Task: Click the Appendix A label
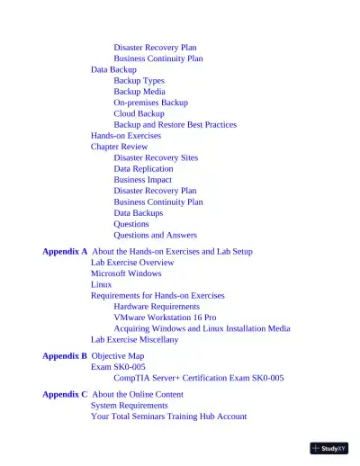pos(65,252)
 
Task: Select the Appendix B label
pos(65,356)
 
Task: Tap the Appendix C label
pos(65,395)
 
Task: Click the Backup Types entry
pos(139,81)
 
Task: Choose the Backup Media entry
pos(139,92)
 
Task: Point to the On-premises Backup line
pos(150,103)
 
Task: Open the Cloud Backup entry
pos(139,114)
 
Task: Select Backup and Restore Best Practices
pos(175,125)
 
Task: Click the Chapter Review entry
pos(119,147)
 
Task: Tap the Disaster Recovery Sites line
pos(156,158)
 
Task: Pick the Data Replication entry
pos(143,169)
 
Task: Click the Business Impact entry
pos(142,180)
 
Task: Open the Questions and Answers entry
pos(155,236)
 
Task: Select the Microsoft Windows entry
pos(126,273)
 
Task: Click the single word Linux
pos(101,284)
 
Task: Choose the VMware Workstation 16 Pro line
pos(165,318)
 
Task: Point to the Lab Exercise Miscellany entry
pos(134,340)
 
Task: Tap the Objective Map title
pos(118,356)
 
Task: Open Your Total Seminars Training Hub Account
pos(168,417)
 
